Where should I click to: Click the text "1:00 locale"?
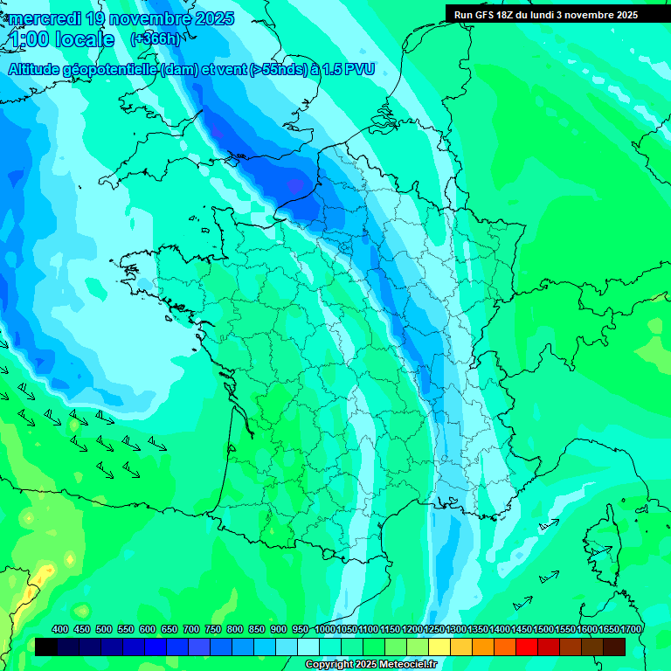click(62, 39)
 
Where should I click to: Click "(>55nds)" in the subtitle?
click(273, 70)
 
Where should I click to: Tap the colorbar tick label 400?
click(60, 629)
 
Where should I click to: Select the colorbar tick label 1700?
click(630, 629)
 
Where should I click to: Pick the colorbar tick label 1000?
click(324, 629)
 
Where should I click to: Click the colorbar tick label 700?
click(191, 629)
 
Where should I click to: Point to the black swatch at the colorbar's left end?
click(46, 647)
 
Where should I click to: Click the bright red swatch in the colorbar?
click(527, 647)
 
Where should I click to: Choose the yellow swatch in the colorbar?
click(439, 647)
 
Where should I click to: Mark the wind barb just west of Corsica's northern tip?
click(549, 525)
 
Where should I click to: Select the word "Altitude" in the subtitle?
click(37, 70)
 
